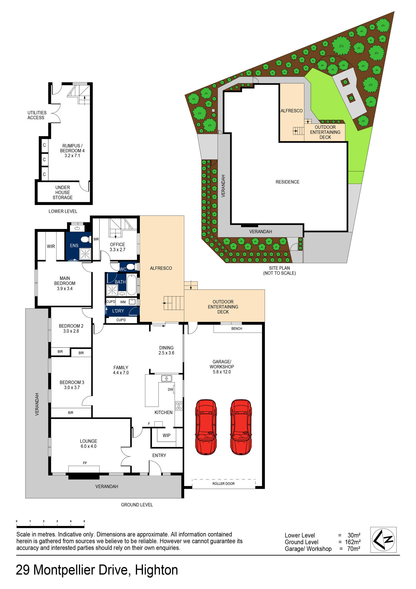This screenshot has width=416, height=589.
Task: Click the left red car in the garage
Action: point(206,427)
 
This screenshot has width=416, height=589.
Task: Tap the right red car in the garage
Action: point(241,427)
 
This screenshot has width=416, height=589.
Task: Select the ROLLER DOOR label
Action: point(223,484)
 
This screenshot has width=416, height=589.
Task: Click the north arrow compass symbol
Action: point(383,539)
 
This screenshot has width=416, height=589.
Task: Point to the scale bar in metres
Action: point(50,527)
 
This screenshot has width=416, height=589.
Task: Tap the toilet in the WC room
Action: point(131,267)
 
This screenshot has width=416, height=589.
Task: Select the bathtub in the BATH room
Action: point(132,285)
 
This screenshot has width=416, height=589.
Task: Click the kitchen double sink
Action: point(166,378)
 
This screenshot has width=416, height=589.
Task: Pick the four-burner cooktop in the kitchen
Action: point(179,406)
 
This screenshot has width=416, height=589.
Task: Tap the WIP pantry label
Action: point(166,435)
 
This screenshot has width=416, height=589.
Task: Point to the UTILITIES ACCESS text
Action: point(37,115)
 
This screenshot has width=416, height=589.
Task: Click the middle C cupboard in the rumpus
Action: point(44,160)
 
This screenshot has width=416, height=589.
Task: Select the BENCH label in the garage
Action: point(236,328)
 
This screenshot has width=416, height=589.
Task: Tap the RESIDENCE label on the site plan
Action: point(287,182)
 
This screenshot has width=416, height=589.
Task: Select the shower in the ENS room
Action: point(85,254)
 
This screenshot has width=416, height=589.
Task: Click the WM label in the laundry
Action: point(123,302)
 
